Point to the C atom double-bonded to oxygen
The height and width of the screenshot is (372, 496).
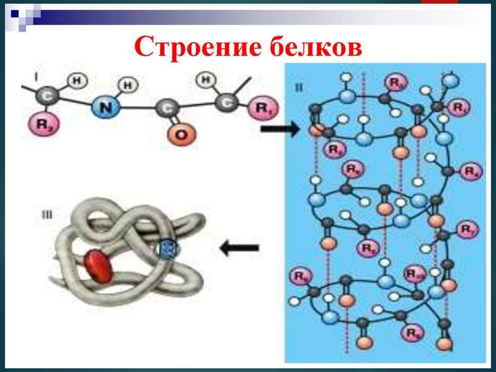(164, 108)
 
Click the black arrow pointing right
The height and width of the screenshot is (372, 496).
(280, 129)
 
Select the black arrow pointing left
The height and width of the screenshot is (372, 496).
(239, 248)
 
